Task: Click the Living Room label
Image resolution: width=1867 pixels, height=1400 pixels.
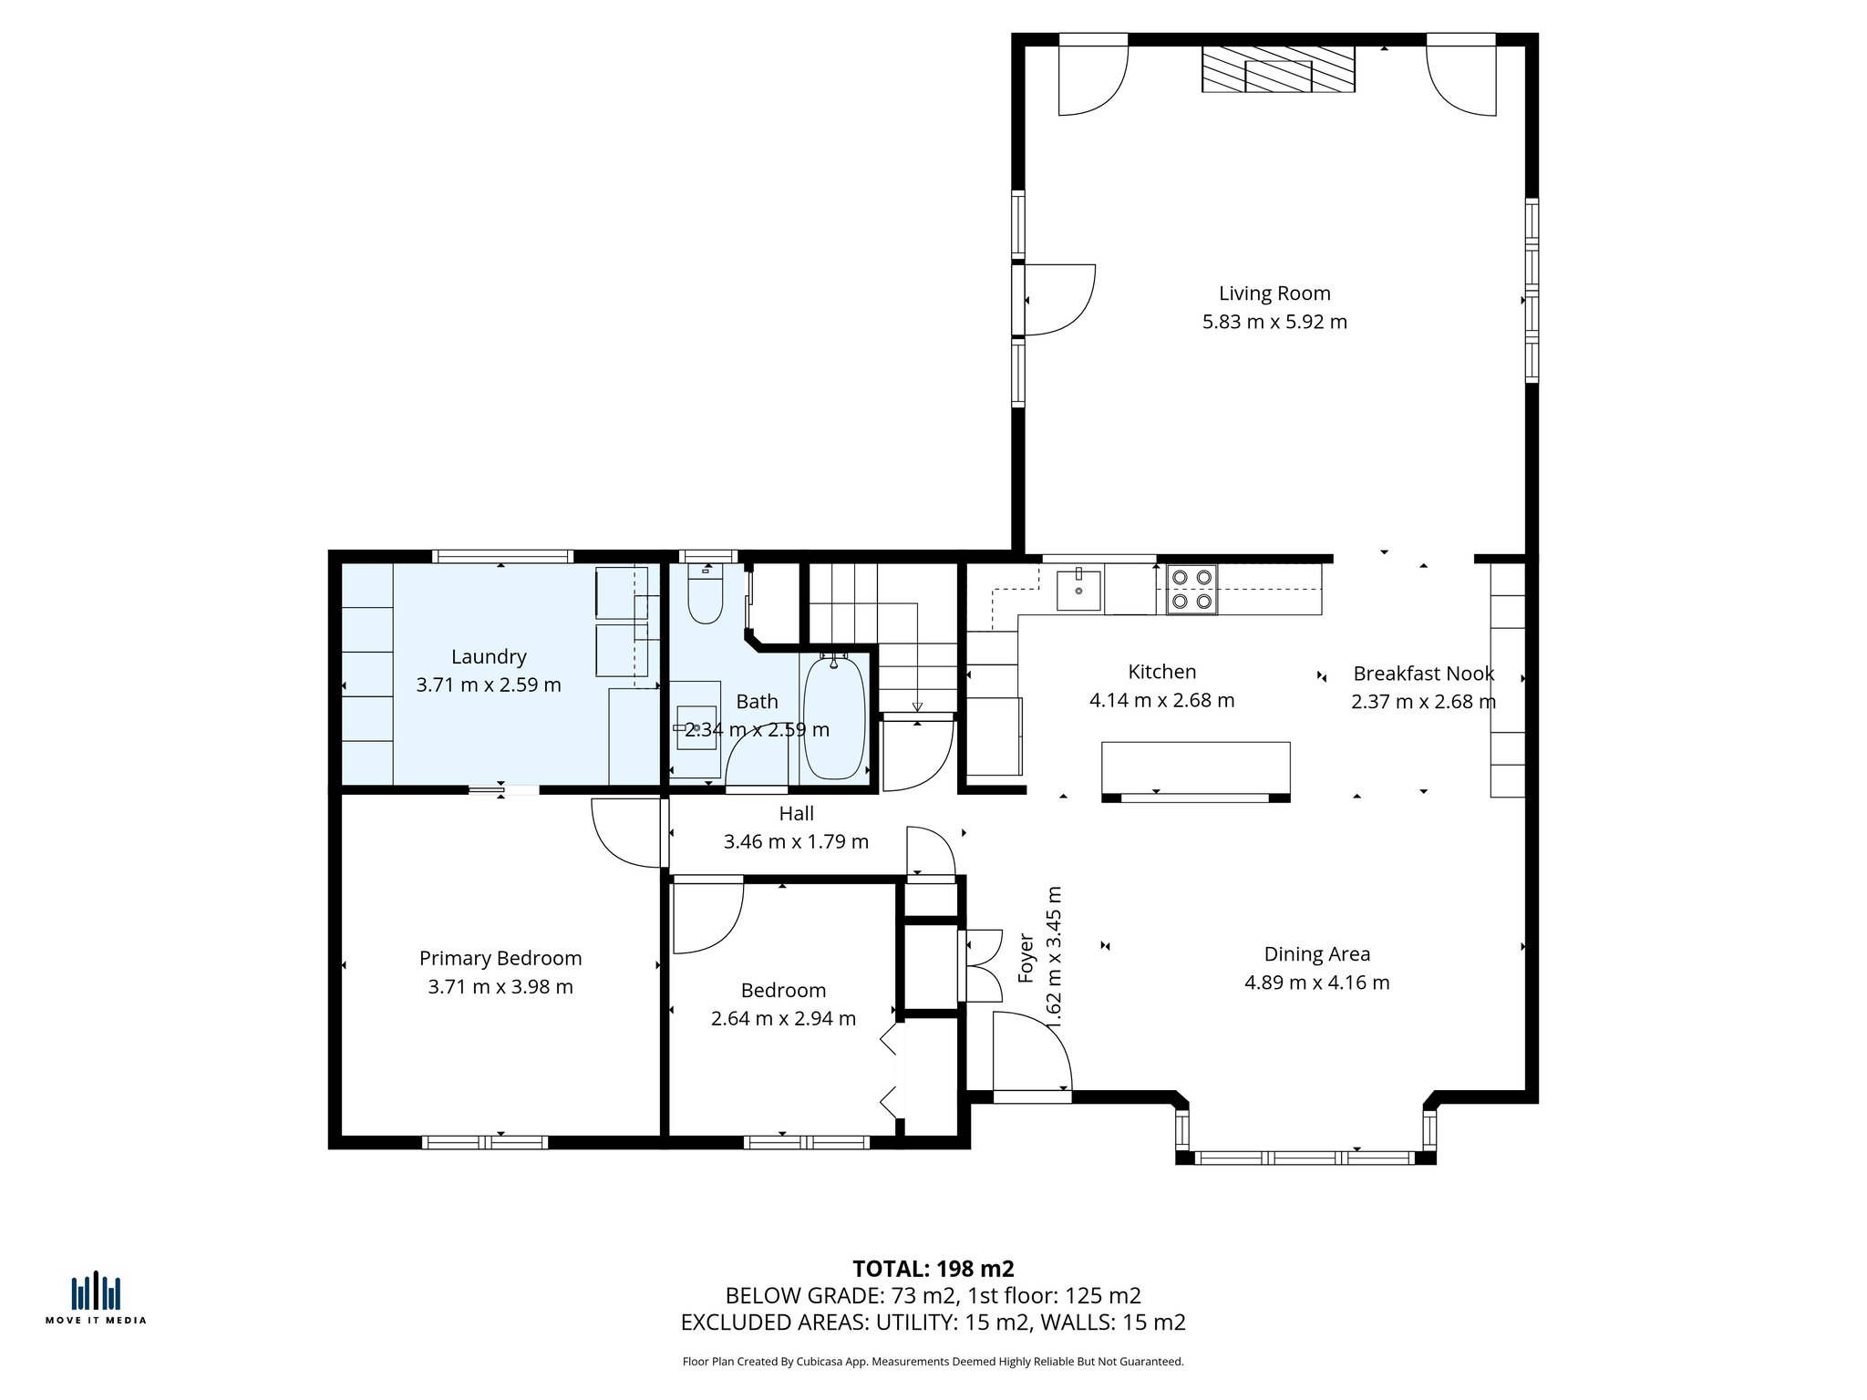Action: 1274,293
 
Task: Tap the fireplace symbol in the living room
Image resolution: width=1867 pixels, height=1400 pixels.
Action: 1277,69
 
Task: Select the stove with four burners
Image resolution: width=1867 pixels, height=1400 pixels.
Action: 1191,590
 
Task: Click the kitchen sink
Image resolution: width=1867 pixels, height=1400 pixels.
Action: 1078,591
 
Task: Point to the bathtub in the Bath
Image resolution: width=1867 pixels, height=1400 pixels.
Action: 833,717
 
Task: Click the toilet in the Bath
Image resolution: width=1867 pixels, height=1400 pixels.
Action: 705,595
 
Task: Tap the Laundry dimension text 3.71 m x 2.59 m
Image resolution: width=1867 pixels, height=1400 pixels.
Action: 489,685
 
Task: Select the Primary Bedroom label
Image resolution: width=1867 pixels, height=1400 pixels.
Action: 500,959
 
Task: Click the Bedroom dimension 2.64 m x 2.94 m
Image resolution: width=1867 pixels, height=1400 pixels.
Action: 783,1019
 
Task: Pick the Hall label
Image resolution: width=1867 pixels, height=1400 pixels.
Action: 796,814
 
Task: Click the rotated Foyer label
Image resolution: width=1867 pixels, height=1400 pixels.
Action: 1026,958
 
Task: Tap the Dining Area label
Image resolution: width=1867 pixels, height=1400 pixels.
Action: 1316,954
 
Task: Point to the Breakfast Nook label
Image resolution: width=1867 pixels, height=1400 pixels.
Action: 1423,674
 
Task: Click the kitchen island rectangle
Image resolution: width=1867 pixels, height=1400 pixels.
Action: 1195,768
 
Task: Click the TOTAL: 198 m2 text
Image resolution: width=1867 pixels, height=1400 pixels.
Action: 933,1269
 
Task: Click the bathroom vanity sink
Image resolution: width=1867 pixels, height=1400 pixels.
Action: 696,727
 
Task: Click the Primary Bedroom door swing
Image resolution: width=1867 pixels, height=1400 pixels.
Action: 627,832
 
